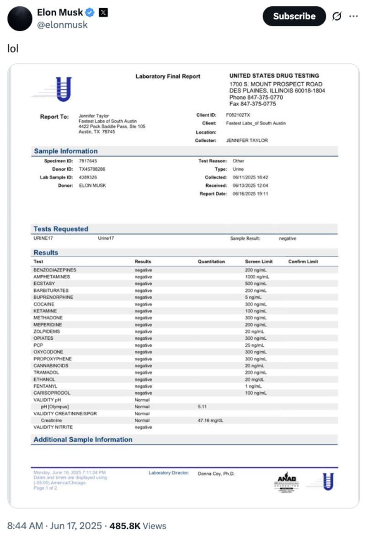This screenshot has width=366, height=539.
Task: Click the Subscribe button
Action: pyautogui.click(x=294, y=16)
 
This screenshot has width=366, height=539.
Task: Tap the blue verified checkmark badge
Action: pyautogui.click(x=90, y=13)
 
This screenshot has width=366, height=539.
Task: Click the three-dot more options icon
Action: pyautogui.click(x=353, y=16)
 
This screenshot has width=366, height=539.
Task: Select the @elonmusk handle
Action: pyautogui.click(x=62, y=25)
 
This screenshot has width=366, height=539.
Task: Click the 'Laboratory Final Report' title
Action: pyautogui.click(x=168, y=76)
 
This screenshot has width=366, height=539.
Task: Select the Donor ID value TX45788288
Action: pyautogui.click(x=92, y=169)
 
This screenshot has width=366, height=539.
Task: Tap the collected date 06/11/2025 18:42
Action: pyautogui.click(x=250, y=178)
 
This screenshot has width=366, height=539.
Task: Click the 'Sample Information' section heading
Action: pyautogui.click(x=65, y=151)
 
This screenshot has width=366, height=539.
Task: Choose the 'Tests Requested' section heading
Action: pyautogui.click(x=61, y=229)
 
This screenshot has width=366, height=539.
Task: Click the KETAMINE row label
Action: pyautogui.click(x=44, y=311)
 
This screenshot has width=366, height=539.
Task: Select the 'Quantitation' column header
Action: pyautogui.click(x=211, y=262)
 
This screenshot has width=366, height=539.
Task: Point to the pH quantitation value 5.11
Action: pyautogui.click(x=203, y=406)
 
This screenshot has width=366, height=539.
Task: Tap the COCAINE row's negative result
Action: pyautogui.click(x=143, y=304)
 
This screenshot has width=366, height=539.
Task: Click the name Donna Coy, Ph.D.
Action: pyautogui.click(x=216, y=474)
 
